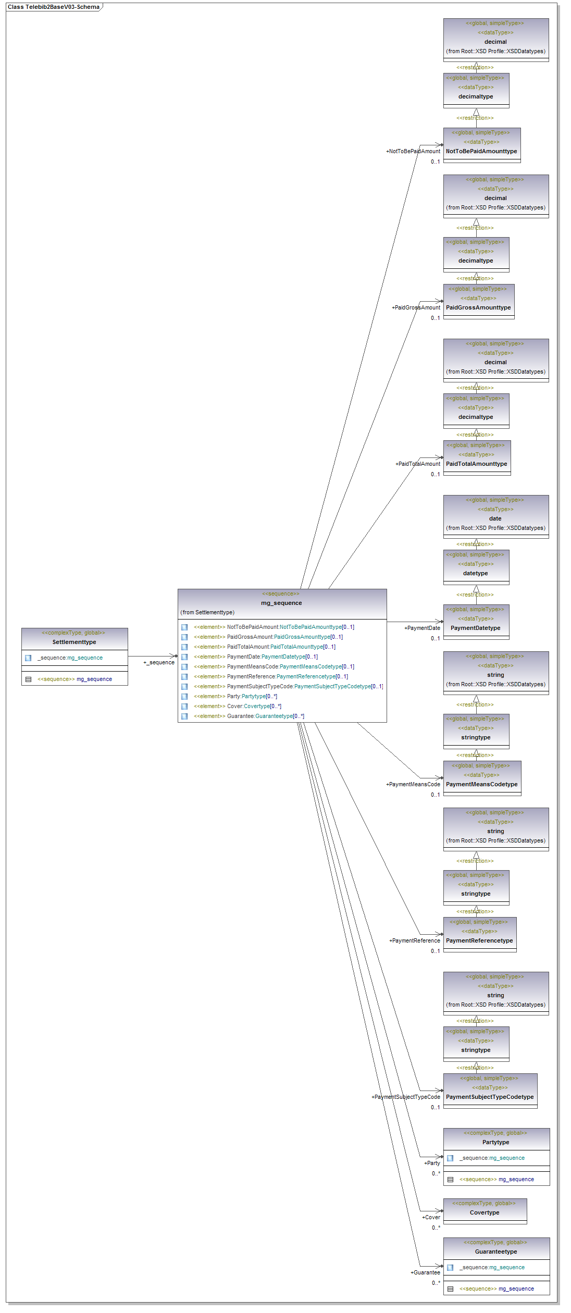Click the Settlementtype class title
click(74, 642)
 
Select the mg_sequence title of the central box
click(281, 603)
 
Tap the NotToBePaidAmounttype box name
click(481, 151)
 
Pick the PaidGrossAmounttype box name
click(478, 307)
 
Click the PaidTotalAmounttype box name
click(476, 464)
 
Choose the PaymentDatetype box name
click(475, 628)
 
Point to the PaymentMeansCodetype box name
click(481, 784)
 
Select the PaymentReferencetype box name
click(479, 940)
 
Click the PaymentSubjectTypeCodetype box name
click(490, 1097)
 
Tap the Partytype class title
click(495, 1142)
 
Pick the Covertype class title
click(485, 1212)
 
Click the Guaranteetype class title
click(496, 1252)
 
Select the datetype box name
click(475, 573)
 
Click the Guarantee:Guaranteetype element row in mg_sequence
click(265, 716)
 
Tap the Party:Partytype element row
click(252, 696)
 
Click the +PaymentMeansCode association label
click(413, 784)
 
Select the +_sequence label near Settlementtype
click(159, 662)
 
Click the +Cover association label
click(431, 1217)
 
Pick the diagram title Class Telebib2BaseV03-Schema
click(53, 7)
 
